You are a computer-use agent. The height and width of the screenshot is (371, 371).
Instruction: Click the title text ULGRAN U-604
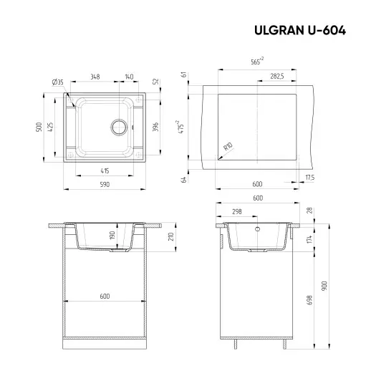[301, 31]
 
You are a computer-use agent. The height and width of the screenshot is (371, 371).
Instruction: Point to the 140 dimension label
[129, 76]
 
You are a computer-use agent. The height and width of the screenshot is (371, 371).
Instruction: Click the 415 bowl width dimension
[104, 171]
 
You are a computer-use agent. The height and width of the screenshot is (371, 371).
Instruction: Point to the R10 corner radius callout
[228, 147]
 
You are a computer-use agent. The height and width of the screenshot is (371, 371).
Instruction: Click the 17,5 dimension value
[310, 178]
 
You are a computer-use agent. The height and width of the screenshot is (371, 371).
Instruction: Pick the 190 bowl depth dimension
[131, 237]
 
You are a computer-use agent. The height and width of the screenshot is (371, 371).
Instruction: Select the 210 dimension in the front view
[170, 237]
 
